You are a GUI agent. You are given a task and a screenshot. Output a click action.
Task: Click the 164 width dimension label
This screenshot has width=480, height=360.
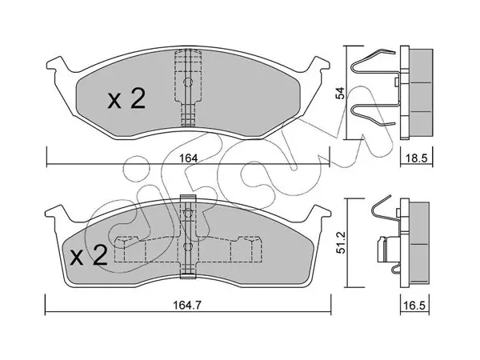tap(188, 158)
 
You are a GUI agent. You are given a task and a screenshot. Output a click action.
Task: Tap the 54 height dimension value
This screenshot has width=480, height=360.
tap(340, 93)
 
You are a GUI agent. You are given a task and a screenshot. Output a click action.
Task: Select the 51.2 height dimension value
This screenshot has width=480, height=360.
tap(342, 242)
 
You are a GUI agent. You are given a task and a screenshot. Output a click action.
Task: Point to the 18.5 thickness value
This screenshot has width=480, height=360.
tap(417, 158)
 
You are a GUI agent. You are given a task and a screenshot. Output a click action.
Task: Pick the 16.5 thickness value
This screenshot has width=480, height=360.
tap(415, 306)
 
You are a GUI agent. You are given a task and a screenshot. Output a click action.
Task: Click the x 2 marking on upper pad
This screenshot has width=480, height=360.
tap(126, 99)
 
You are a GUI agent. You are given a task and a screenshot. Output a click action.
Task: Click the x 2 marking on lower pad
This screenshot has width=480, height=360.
tap(89, 254)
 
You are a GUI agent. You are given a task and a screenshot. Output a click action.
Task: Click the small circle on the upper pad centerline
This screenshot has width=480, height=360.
tap(187, 82)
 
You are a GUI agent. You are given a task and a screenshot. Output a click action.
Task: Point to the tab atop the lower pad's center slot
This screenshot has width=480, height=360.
tap(188, 198)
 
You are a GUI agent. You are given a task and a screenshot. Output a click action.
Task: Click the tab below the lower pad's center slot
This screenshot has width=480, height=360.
tap(188, 275)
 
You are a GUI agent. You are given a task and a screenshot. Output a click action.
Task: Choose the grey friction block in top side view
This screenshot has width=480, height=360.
tap(421, 91)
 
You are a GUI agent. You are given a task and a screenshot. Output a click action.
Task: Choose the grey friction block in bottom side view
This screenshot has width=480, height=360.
tap(418, 244)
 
